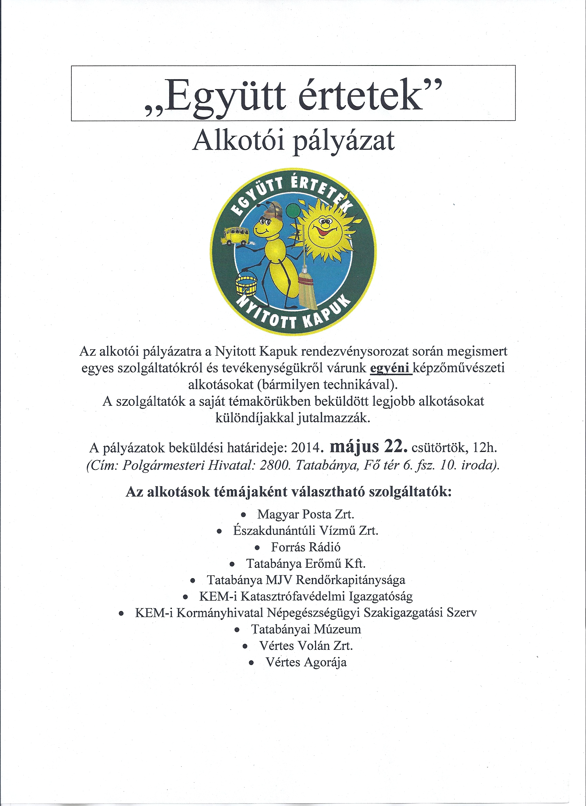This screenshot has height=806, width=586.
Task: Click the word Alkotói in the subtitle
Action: [238, 141]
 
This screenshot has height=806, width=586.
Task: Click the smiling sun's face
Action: [324, 230]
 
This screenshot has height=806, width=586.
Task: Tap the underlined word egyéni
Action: [390, 368]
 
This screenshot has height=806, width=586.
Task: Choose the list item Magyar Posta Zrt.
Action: [306, 514]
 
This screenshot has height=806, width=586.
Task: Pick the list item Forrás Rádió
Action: [306, 547]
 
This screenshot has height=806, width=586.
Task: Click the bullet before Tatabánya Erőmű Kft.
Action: [232, 564]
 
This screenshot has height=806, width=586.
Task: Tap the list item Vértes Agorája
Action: [306, 662]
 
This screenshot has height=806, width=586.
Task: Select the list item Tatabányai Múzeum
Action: [306, 629]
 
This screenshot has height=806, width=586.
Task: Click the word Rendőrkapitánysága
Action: [350, 580]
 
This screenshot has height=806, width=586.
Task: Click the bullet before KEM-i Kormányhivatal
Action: [122, 613]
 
